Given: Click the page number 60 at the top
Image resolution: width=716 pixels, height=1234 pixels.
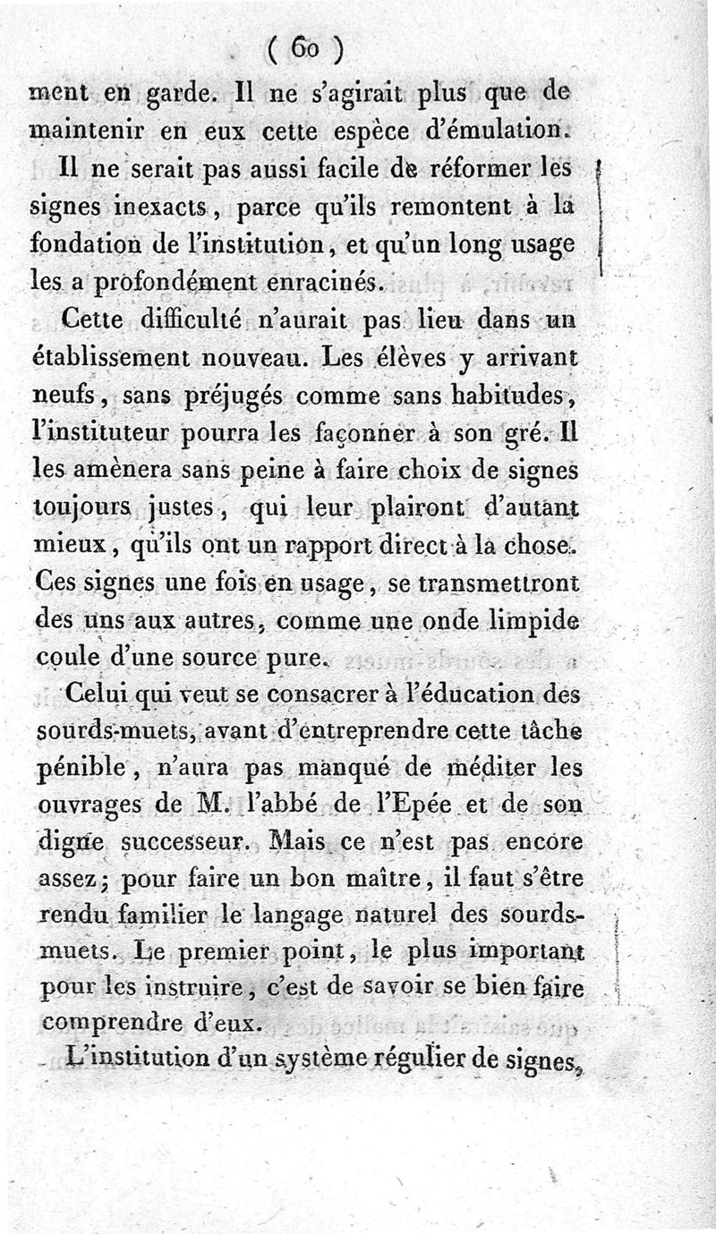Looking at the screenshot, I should [x=305, y=50].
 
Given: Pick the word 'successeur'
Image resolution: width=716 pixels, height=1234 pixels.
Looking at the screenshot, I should [x=189, y=842].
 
